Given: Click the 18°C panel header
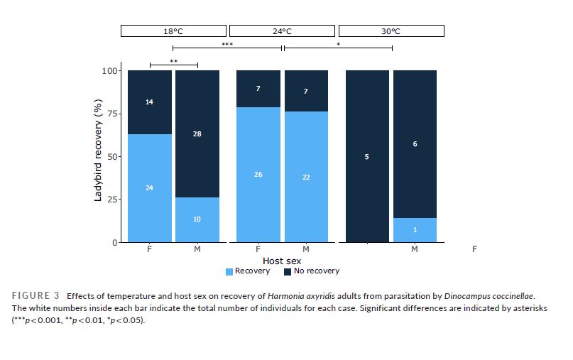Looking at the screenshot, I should click(173, 31).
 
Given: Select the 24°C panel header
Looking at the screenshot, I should click(282, 31).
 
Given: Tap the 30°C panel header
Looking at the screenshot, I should click(391, 31).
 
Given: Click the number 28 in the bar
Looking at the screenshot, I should click(197, 133).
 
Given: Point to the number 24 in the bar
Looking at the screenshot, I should click(149, 187).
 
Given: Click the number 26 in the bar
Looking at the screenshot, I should click(258, 174).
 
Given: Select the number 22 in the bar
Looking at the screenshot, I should click(306, 177).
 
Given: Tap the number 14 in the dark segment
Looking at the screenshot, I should click(149, 102).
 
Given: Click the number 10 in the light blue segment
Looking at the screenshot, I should click(197, 219).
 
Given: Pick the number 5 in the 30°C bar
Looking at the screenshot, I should click(367, 156).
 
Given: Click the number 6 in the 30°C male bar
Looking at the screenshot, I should click(415, 144).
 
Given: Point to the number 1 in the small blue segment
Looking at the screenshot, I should click(415, 229).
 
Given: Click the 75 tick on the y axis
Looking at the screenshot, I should click(112, 114).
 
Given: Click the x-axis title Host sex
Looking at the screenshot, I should click(282, 261).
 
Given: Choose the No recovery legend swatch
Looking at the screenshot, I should click(288, 271).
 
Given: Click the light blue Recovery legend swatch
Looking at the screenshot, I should click(229, 271).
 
